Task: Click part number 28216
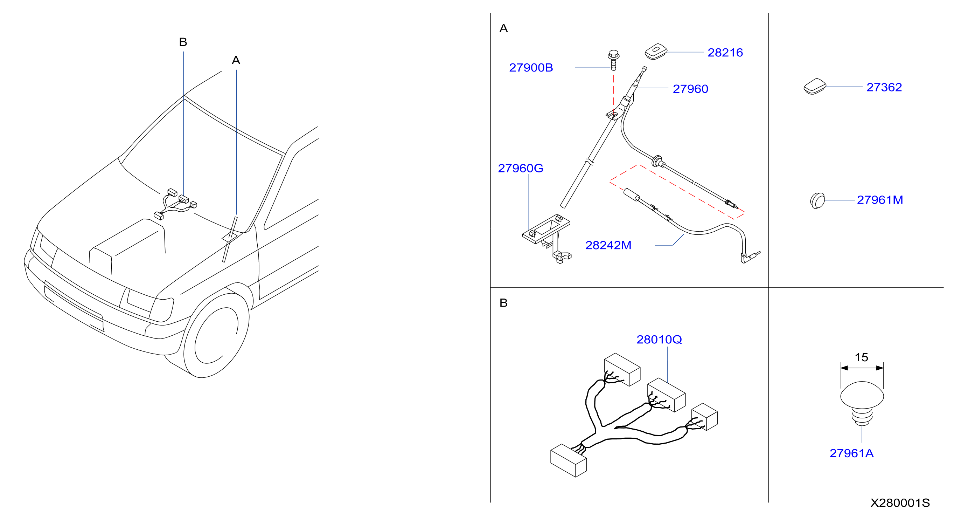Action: coord(725,53)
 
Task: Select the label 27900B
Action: coord(531,68)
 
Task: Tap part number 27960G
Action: coord(521,169)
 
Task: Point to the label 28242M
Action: coord(608,246)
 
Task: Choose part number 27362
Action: coord(884,87)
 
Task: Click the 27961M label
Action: coord(880,200)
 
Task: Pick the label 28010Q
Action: coord(659,340)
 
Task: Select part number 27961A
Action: coord(851,453)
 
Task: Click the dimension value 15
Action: coord(861,357)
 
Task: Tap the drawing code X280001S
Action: coord(900,503)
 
